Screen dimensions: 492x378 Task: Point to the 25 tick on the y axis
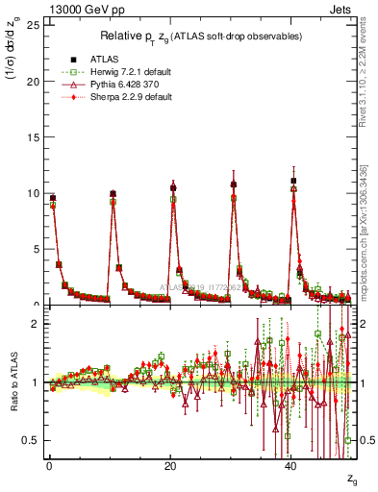(35, 24)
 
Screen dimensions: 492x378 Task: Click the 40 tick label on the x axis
(291, 464)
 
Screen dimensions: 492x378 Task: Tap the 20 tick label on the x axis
(170, 464)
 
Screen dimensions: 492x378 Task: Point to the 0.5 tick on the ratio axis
(33, 440)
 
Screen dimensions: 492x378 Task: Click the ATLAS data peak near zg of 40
(293, 181)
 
